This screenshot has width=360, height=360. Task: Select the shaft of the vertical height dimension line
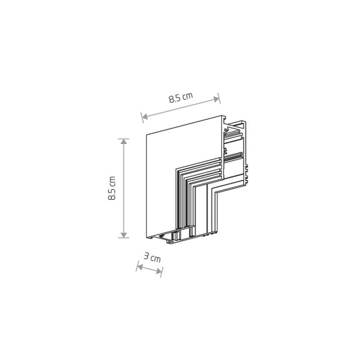click(x=125, y=188)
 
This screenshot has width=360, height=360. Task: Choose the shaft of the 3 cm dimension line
click(x=149, y=269)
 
